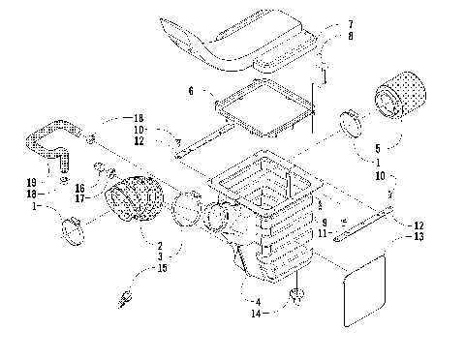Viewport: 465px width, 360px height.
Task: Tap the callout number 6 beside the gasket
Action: tap(191, 90)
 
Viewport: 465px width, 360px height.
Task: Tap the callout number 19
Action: tap(31, 180)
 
